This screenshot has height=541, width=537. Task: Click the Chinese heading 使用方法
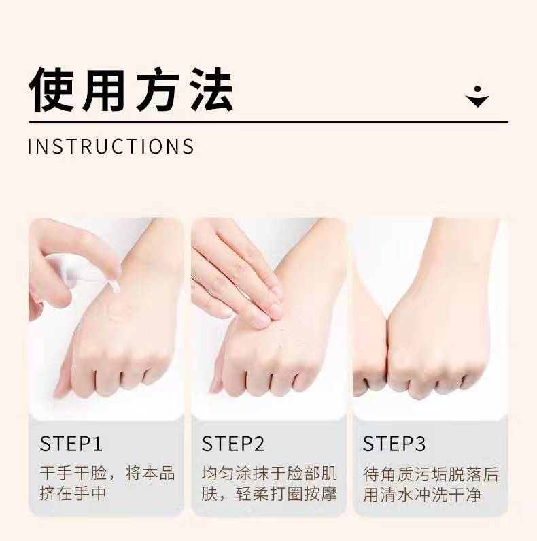coord(131,90)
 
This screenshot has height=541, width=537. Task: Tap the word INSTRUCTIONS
coord(111,146)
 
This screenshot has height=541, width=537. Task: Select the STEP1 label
coord(71,444)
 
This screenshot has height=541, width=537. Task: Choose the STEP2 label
coord(233,444)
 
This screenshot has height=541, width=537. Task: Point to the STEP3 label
coord(394,444)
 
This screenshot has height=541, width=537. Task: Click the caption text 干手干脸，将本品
coord(107,473)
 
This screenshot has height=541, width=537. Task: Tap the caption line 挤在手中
coord(73,493)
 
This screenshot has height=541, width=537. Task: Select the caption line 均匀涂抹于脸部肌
coord(269,473)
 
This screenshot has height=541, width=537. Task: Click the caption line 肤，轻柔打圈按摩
coord(269,493)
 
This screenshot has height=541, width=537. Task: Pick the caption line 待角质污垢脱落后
coord(431,474)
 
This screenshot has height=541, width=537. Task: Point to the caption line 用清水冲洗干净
coord(422,495)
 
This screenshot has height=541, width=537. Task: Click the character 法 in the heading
coord(211,90)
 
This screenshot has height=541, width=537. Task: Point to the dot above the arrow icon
coord(477,89)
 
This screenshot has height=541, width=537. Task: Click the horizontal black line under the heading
coord(268,122)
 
